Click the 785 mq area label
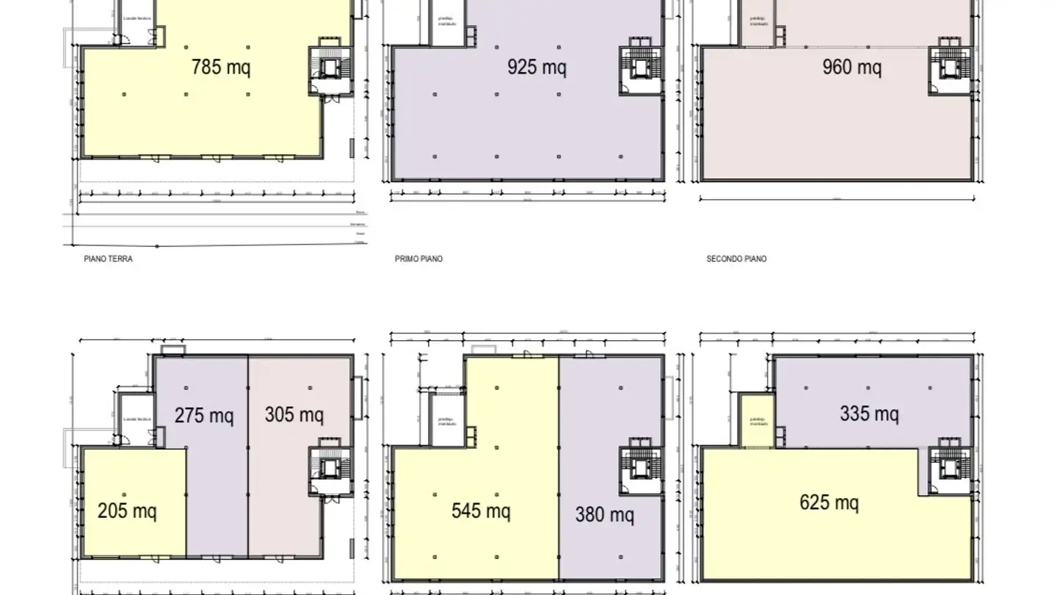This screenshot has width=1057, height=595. point(220,68)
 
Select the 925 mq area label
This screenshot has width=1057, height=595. point(537,68)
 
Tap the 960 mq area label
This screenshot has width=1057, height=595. point(851,68)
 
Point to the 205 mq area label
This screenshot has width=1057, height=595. point(127,510)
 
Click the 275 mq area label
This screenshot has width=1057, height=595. point(204,415)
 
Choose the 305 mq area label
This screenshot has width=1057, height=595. point(294,414)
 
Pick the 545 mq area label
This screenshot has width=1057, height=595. point(481,510)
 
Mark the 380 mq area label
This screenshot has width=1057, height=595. point(604,514)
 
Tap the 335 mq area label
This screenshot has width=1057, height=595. point(869,414)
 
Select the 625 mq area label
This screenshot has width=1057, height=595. point(829,502)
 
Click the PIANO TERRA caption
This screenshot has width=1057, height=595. point(109,259)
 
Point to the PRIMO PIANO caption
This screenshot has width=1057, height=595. point(418,259)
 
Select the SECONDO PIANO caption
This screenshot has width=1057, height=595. point(736,259)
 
